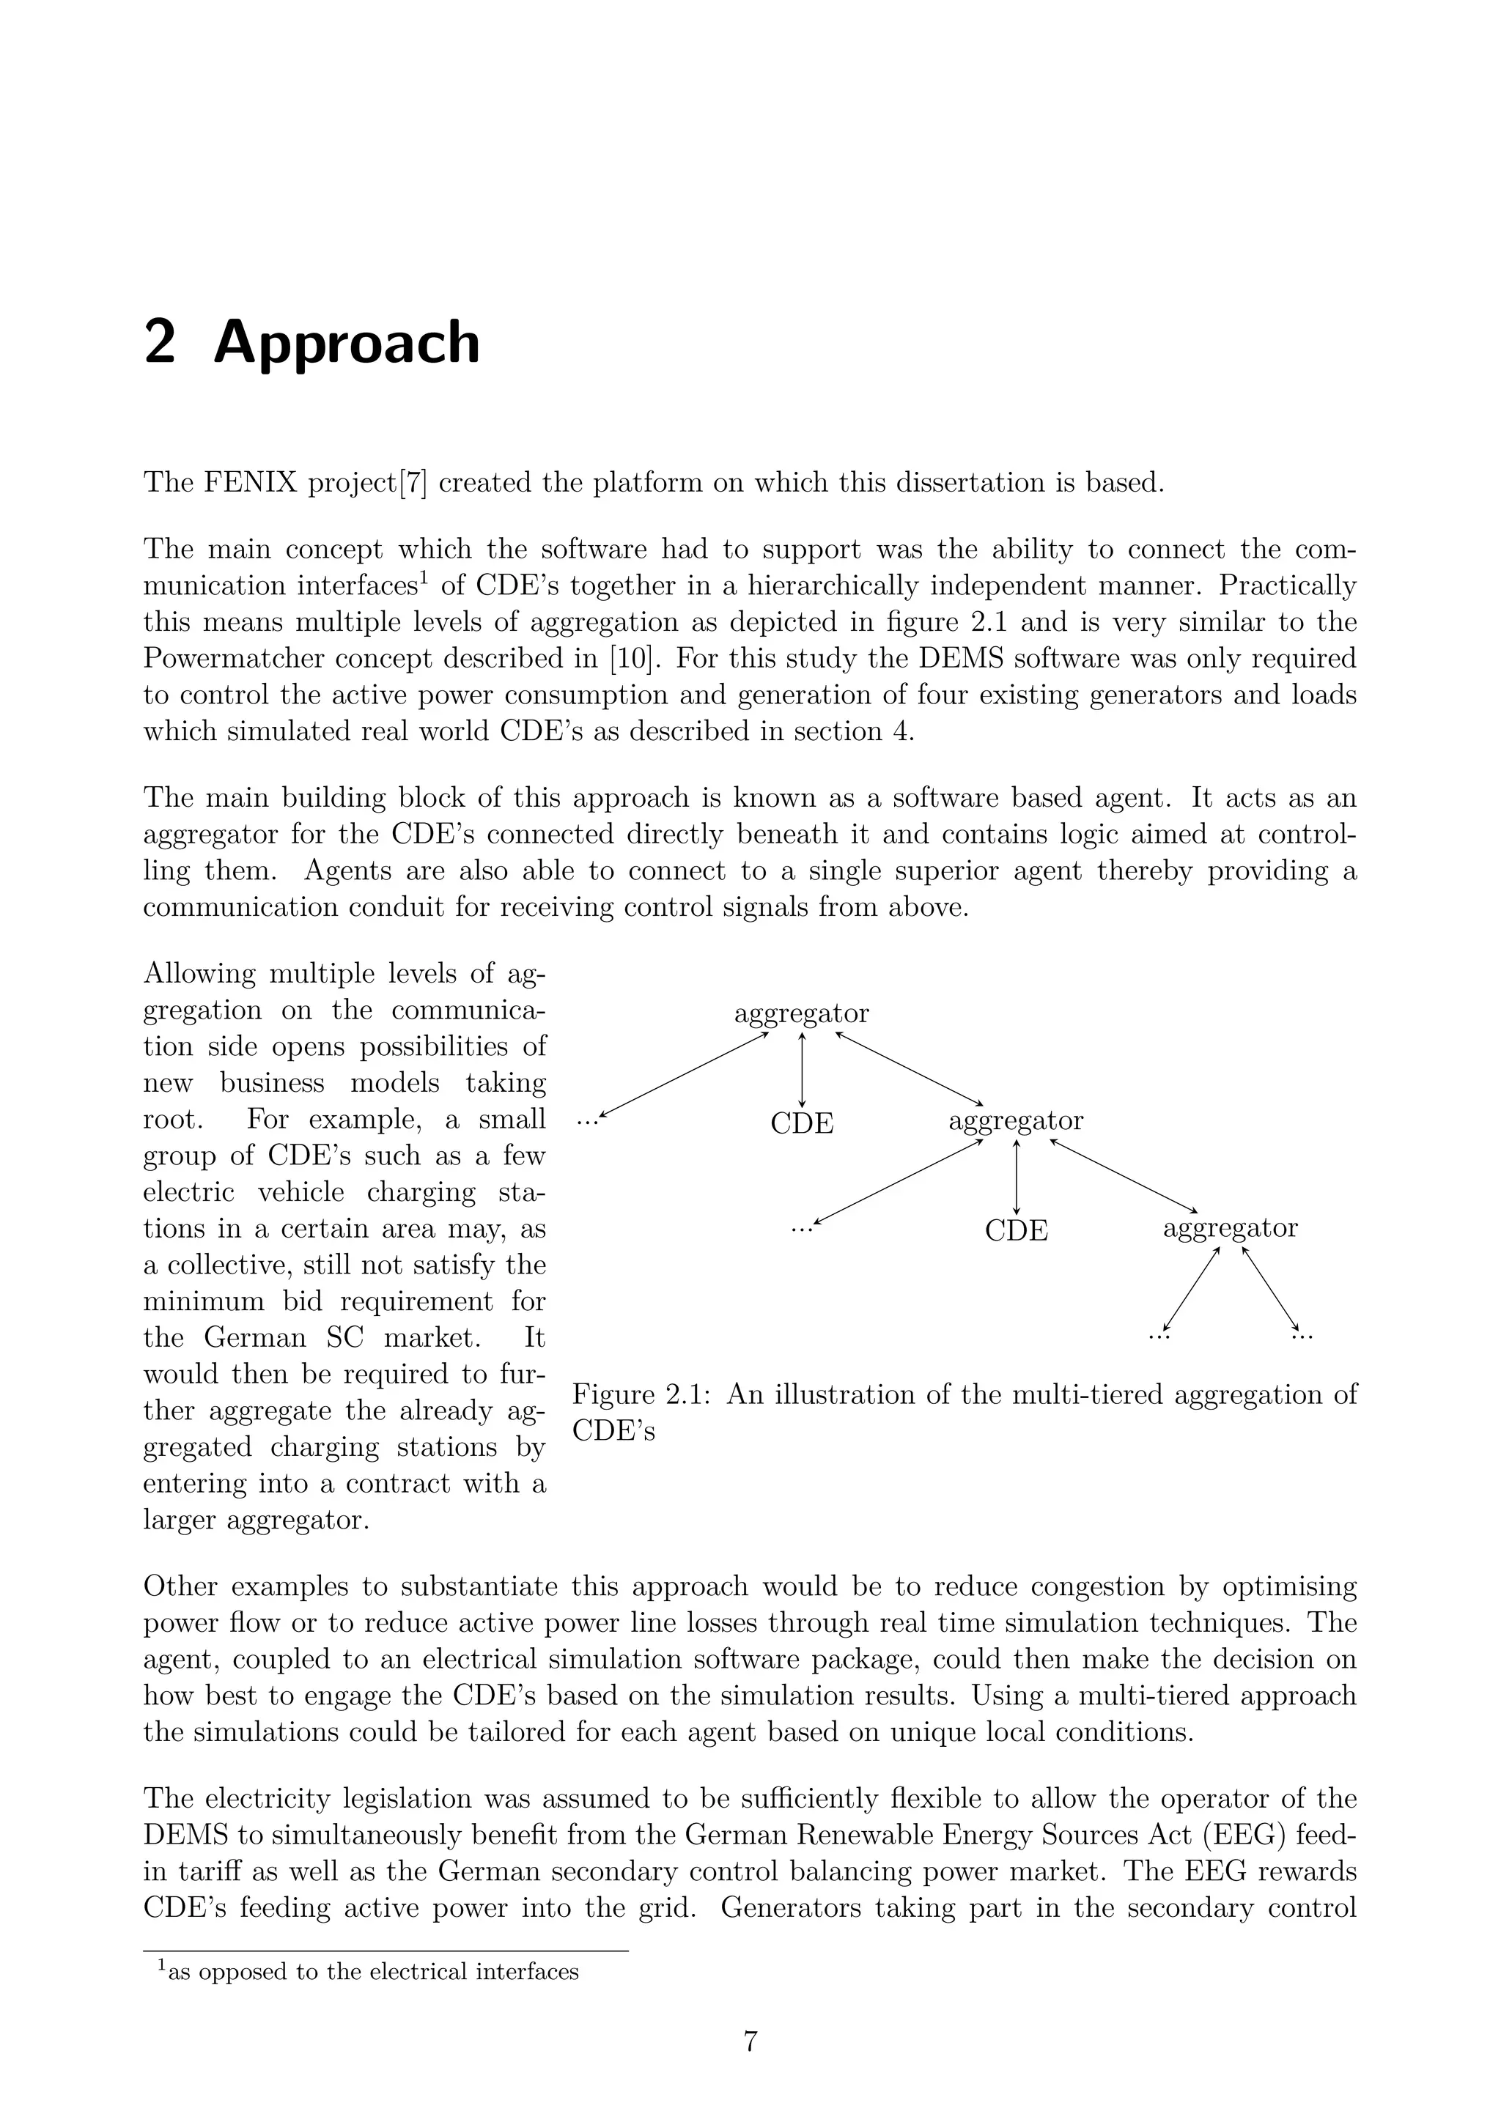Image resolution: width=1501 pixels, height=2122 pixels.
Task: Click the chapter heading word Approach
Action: pos(347,344)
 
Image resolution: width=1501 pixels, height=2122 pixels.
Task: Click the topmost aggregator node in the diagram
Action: pos(801,1014)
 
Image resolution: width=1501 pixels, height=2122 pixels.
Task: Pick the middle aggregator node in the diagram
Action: pos(1016,1121)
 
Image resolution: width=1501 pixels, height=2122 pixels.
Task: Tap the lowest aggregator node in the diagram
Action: pos(1231,1228)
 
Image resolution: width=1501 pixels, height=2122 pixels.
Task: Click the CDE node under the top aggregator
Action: pos(801,1124)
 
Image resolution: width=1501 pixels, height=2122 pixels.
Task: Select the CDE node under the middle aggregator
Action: pos(1016,1231)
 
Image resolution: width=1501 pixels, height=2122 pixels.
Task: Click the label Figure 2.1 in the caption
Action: pos(640,1394)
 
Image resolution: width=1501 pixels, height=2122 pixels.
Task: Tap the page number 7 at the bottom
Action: pos(750,2041)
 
